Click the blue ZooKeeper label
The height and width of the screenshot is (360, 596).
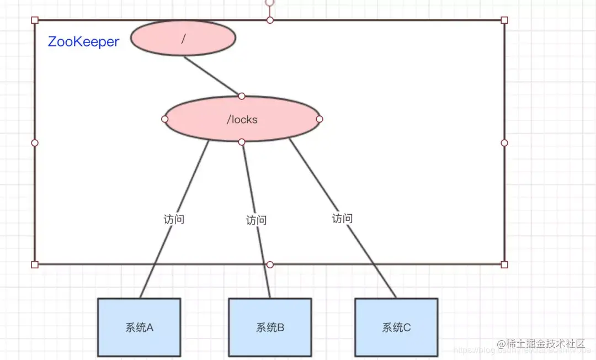[83, 42]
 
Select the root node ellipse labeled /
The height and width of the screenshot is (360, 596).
[183, 38]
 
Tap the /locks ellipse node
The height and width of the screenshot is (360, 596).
[242, 119]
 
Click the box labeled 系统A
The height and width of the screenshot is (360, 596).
[139, 327]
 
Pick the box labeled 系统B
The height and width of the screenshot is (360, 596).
[270, 327]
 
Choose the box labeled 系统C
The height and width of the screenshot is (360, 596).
[396, 327]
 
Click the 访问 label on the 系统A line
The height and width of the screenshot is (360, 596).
[173, 219]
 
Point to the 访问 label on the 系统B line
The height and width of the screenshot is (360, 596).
[256, 220]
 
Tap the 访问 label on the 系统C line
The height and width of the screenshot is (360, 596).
[342, 218]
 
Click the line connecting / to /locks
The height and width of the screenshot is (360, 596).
[212, 75]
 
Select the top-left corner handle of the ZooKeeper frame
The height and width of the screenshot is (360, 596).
[35, 20]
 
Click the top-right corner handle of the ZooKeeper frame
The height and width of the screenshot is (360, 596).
[504, 20]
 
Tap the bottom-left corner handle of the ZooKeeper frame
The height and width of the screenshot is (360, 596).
[35, 264]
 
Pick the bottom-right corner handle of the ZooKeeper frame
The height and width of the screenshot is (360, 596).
[504, 264]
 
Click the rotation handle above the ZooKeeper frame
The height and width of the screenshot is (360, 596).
[269, 2]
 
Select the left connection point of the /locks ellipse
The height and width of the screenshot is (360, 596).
[164, 119]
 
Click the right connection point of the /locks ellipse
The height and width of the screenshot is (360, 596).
[319, 119]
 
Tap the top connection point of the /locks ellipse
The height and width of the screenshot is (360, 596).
[242, 96]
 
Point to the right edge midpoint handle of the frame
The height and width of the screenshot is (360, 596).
[504, 142]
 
